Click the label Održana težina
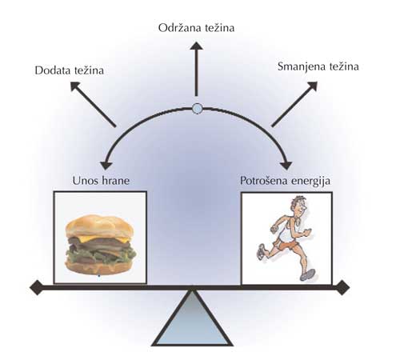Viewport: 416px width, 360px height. pyautogui.click(x=196, y=28)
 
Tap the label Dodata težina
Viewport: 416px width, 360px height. pyautogui.click(x=70, y=70)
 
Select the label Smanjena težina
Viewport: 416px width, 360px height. pyautogui.click(x=318, y=66)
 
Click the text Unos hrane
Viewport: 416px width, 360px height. pyautogui.click(x=101, y=181)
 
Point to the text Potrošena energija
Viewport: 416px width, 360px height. pyautogui.click(x=285, y=181)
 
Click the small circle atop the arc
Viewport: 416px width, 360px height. pyautogui.click(x=197, y=109)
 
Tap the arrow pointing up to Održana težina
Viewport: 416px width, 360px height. pyautogui.click(x=197, y=69)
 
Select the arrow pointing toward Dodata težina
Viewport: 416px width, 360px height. pyautogui.click(x=93, y=104)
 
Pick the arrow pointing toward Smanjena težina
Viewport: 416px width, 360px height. pyautogui.click(x=294, y=104)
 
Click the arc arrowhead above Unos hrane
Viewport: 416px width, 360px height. pyautogui.click(x=106, y=166)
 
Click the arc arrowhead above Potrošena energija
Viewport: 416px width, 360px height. pyautogui.click(x=286, y=166)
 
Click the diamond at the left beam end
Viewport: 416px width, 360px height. pyautogui.click(x=37, y=287)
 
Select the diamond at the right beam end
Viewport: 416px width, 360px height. pyautogui.click(x=342, y=287)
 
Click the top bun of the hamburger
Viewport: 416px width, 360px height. pyautogui.click(x=100, y=226)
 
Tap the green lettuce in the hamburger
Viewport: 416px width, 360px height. pyautogui.click(x=101, y=254)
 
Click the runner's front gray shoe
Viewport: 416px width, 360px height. pyautogui.click(x=308, y=274)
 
